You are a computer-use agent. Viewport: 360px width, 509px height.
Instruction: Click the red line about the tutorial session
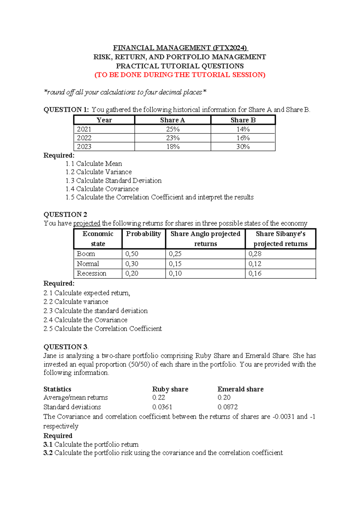(x=180, y=75)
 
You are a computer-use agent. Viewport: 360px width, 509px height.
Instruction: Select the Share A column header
(x=172, y=120)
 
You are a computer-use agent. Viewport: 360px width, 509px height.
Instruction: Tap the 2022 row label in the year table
(x=84, y=138)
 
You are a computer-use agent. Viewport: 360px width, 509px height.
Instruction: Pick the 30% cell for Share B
(x=243, y=147)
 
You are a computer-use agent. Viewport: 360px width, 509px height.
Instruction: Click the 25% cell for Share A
(x=173, y=129)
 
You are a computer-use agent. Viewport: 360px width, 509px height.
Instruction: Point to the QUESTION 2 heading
(x=65, y=215)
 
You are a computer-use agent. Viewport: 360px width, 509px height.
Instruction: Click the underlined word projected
(x=87, y=223)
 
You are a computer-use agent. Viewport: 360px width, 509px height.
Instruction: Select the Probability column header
(x=143, y=234)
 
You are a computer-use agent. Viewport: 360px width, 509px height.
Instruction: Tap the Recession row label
(x=91, y=273)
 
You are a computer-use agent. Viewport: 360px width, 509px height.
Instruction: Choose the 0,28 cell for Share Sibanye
(x=255, y=254)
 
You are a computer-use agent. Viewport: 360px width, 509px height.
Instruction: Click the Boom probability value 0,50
(x=132, y=254)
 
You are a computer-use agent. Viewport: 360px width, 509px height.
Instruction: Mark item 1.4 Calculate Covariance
(x=102, y=189)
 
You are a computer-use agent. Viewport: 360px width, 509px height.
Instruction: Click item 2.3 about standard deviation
(x=95, y=311)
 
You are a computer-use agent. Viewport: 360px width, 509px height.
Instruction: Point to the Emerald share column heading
(x=240, y=389)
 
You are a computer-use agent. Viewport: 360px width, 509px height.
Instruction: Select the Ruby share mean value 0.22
(x=159, y=397)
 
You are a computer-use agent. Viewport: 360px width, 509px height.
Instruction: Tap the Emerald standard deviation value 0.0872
(x=227, y=407)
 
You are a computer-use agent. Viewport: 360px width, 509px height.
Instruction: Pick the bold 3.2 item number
(x=48, y=453)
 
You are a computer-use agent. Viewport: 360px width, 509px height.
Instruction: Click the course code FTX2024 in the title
(x=230, y=48)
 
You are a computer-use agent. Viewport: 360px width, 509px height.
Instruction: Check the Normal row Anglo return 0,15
(x=175, y=264)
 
